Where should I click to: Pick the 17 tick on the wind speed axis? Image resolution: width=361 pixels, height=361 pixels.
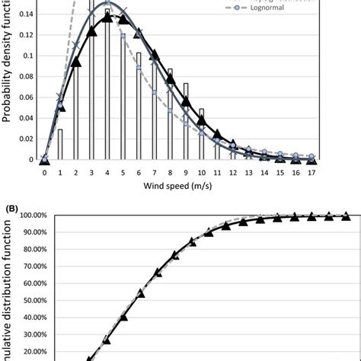click(x=311, y=172)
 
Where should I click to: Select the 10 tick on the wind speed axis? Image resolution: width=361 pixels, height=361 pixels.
click(x=202, y=172)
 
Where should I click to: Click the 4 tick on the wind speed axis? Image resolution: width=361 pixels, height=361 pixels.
click(x=107, y=172)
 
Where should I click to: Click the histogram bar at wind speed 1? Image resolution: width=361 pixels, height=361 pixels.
click(x=60, y=144)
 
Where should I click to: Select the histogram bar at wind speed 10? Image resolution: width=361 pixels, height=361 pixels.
click(x=202, y=133)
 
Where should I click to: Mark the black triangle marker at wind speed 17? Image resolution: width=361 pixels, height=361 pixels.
click(x=311, y=158)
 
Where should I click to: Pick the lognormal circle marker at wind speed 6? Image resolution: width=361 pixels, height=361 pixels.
click(x=139, y=68)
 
